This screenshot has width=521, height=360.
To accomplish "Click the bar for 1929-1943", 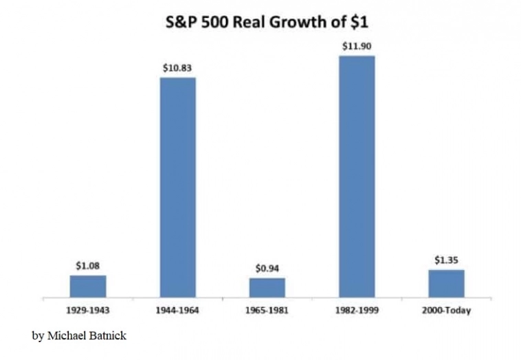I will coord(88,286).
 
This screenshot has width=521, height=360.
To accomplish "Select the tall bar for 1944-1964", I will coord(177,187).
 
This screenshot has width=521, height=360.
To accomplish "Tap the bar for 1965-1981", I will coord(267,287).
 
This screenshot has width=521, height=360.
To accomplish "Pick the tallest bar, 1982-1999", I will coord(357,177).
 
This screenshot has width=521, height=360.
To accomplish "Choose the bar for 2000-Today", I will coord(446,283).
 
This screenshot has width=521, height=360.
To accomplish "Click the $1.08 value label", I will coord(88,265).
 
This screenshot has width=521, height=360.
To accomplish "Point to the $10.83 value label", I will coord(177,68).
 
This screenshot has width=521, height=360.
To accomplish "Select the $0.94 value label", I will coord(267,268).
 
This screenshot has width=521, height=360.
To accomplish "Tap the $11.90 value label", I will coord(357,46).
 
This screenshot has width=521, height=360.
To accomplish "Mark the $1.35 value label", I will coord(446,260).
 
